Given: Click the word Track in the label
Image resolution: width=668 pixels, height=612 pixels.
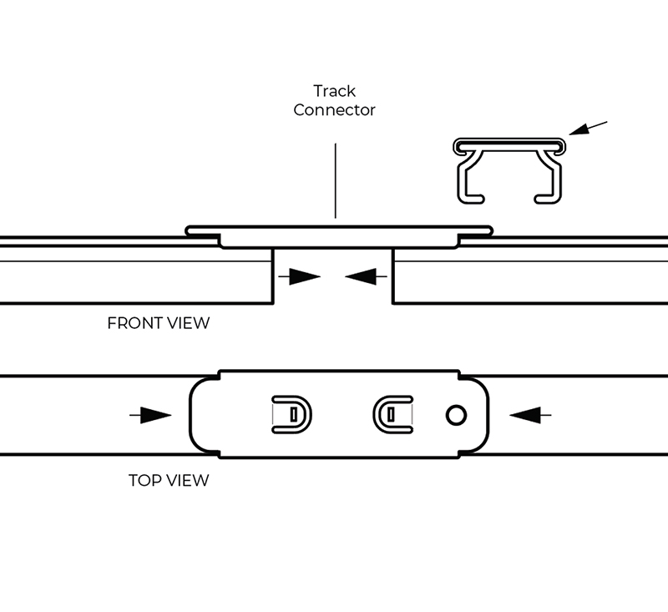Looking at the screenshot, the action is pos(335,91).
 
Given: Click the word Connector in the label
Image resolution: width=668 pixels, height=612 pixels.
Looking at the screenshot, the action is pos(335,110).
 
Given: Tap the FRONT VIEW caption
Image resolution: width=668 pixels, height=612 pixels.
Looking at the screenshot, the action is pos(159,323).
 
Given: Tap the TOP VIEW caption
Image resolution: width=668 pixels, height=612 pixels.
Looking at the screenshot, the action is pos(169,480).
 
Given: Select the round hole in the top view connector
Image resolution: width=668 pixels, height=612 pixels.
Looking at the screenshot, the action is pos(456,415).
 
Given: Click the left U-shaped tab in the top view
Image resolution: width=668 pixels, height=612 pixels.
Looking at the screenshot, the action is pos(310,415).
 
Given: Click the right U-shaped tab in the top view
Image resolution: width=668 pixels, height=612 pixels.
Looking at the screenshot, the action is pos(374,415).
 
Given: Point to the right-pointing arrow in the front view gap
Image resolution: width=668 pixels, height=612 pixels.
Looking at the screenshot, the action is pos(300,276).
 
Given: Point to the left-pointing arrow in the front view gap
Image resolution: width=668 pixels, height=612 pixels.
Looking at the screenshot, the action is pos(366,276).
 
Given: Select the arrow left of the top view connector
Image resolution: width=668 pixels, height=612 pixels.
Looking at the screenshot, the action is pos(150,415).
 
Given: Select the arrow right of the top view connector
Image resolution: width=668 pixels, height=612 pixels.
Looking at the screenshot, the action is pos(530,415).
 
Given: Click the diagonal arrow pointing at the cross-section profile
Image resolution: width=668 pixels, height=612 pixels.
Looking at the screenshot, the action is pos(588,128).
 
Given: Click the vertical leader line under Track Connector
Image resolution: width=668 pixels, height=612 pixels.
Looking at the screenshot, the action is pos(336,180).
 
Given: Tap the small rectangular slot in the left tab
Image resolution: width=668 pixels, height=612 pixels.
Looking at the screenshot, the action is pos(294,415).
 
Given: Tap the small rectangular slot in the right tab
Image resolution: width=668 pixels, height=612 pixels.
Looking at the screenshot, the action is pos(391,415).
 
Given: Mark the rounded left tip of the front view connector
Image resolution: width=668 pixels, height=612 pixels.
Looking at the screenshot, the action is pos(188,231).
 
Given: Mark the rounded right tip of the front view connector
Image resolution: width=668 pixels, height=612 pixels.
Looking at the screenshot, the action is pos(490,231).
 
